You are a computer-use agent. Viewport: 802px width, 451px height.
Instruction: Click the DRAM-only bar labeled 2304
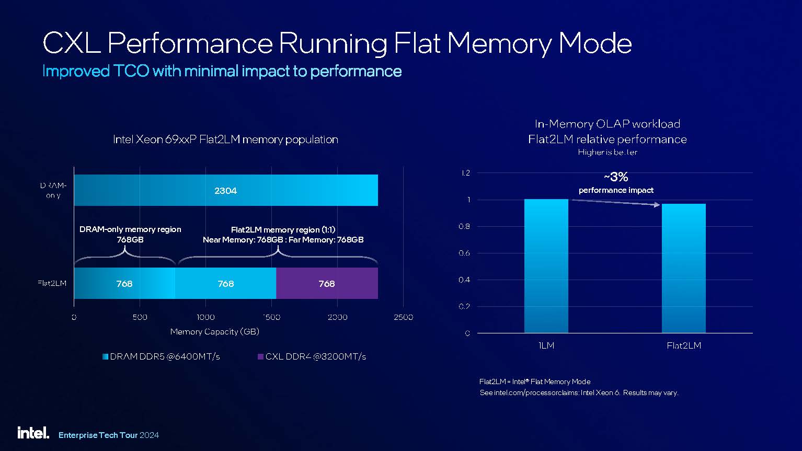(225, 190)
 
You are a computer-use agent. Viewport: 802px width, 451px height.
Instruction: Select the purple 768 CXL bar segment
(327, 283)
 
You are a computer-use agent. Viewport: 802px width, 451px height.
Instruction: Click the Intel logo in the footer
(33, 433)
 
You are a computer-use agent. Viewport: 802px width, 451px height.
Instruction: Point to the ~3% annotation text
(616, 177)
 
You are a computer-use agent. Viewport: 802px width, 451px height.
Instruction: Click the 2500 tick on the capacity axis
(403, 317)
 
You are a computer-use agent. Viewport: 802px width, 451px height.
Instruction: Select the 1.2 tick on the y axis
(465, 173)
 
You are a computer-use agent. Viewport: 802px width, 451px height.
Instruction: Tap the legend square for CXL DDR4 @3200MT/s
(260, 357)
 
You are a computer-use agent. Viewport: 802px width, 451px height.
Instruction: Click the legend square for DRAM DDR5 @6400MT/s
(105, 357)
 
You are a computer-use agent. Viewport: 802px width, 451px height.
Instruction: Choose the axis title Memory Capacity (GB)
(214, 332)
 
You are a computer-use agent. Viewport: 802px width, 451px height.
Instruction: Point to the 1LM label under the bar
(546, 345)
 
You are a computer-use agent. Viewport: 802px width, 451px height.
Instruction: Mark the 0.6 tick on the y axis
(465, 253)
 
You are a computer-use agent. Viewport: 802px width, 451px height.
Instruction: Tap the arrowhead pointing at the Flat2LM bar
(657, 205)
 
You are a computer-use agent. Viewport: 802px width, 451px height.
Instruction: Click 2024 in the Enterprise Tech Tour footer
(150, 435)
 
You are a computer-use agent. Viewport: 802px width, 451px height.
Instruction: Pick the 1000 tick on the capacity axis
(205, 317)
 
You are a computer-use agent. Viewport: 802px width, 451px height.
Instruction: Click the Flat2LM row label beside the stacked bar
(52, 283)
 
